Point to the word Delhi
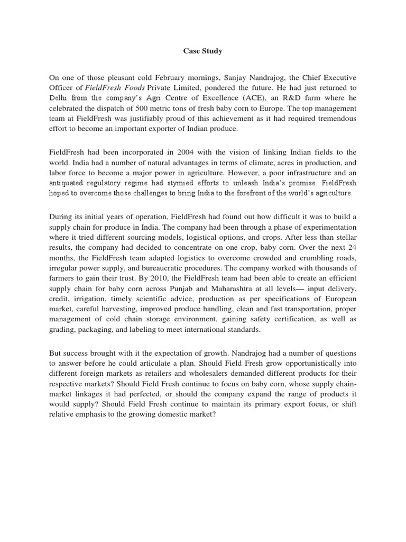coord(59,98)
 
